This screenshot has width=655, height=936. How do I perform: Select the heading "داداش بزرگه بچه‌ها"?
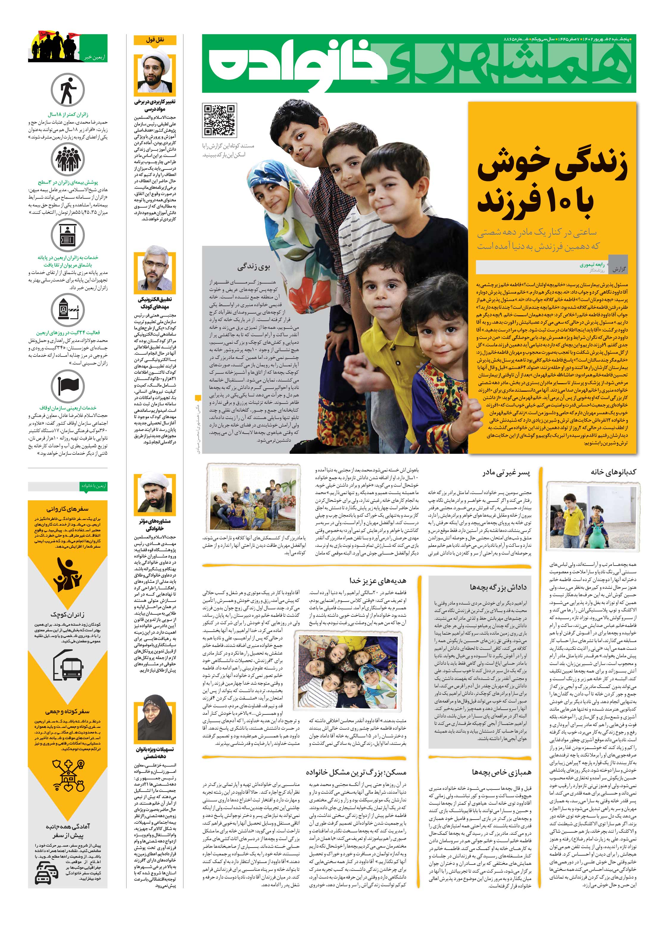pos(498,588)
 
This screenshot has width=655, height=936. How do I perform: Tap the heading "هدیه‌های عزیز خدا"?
pos(378,580)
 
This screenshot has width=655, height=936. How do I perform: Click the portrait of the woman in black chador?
pos(155,720)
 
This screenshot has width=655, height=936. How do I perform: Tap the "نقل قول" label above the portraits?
pos(155,40)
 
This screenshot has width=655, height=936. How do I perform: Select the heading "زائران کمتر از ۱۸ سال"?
pos(68,115)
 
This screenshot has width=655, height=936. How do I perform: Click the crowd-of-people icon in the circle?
pos(67,159)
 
